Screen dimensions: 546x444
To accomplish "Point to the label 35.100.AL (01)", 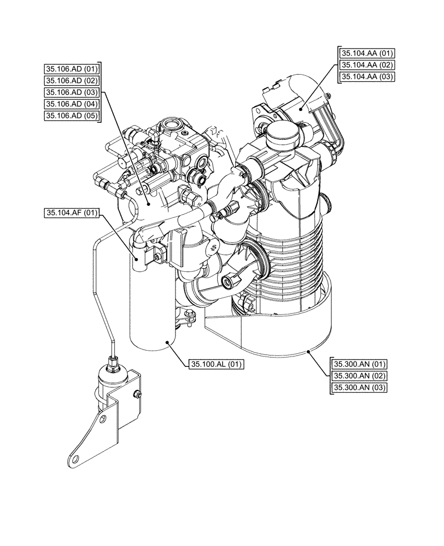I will (216, 364).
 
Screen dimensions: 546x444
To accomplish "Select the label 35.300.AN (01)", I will (359, 364).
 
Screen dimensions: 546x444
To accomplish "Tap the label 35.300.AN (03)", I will (359, 388).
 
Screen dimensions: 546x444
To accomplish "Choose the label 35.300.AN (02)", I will (359, 376).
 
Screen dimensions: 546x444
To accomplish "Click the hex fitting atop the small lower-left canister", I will (113, 360).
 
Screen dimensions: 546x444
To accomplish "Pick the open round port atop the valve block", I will (173, 123).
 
